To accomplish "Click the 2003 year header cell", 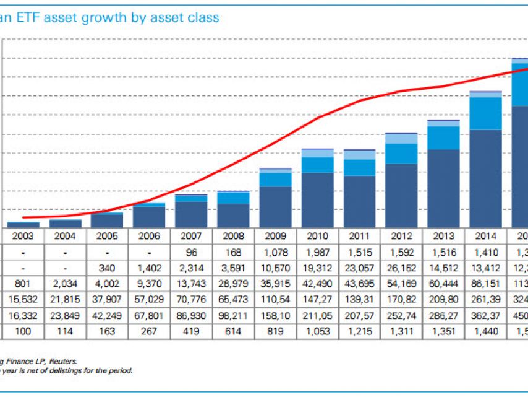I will click(x=23, y=236).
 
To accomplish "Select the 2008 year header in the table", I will click(x=234, y=236).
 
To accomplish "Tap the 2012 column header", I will click(x=402, y=236).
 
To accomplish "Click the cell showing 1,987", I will click(x=318, y=252).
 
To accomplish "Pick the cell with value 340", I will click(x=108, y=268).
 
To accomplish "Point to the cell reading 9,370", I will click(x=150, y=284).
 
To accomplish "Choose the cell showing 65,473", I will click(x=234, y=300).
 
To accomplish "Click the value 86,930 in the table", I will click(x=192, y=316).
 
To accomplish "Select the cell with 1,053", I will click(x=318, y=332).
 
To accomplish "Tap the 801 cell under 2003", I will click(x=23, y=284).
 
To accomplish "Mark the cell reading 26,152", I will click(x=402, y=268).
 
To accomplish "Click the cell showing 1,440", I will click(x=486, y=332).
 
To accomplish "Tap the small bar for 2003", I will click(x=23, y=225).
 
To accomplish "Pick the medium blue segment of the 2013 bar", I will click(x=443, y=137).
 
